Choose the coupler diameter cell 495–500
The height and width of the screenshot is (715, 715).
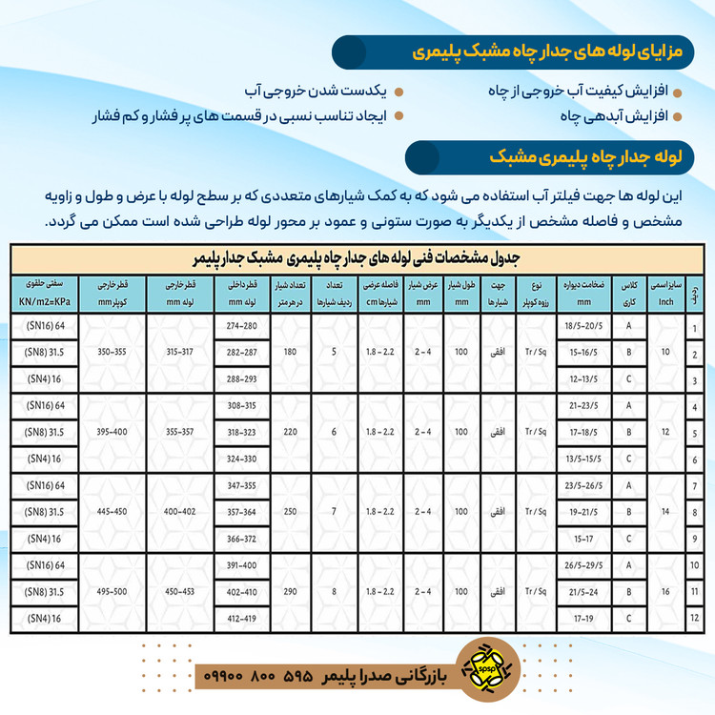coord(112,593)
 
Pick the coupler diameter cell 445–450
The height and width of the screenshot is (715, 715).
coord(112,513)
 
